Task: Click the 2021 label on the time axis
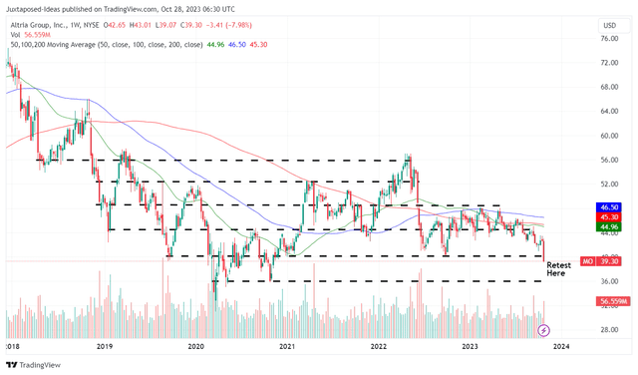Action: pos(287,346)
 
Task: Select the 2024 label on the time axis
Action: pos(561,346)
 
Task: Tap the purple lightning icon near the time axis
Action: pos(543,329)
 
